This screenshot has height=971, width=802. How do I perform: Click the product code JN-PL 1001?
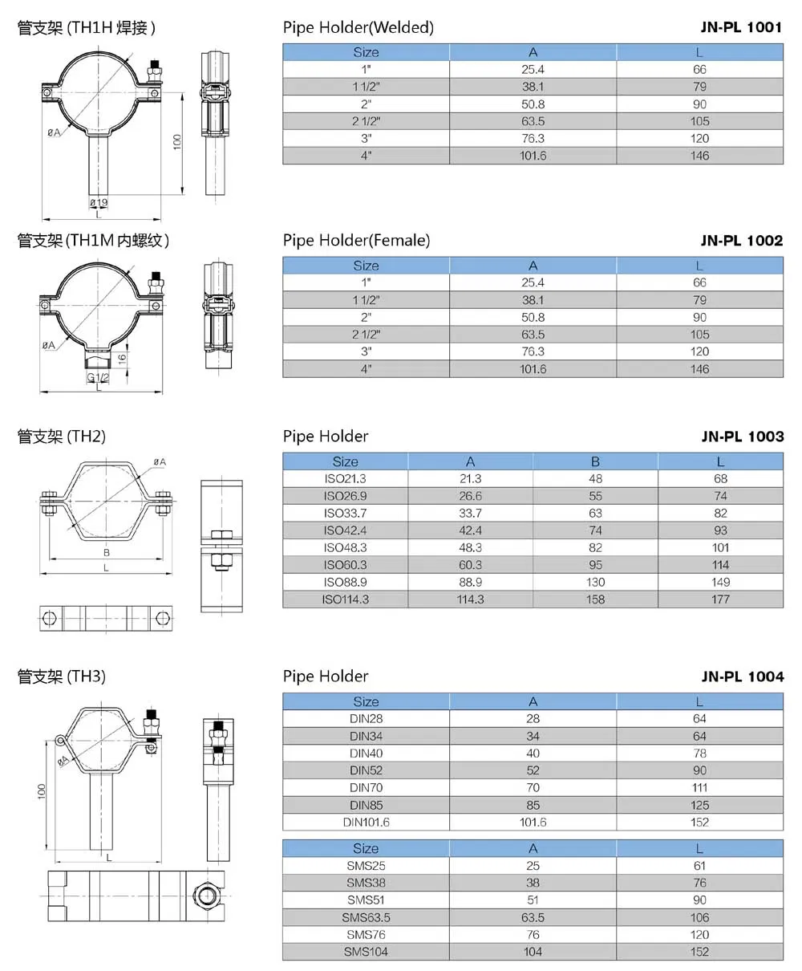741,27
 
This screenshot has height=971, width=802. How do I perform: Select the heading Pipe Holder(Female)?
356,240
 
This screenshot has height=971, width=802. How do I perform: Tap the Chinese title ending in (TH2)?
62,437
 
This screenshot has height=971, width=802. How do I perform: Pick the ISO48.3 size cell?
345,547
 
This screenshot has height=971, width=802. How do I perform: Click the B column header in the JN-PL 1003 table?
595,461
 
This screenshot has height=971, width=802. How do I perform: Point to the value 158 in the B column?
595,599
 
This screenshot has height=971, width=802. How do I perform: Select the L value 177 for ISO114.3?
720,599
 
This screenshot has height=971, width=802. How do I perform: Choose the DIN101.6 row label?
366,823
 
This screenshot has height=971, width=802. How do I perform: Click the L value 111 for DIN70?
699,788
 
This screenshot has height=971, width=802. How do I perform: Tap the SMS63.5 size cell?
366,917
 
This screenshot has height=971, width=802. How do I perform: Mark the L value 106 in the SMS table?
699,917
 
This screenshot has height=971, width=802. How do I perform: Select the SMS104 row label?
366,952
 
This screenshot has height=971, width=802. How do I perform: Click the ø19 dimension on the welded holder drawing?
98,202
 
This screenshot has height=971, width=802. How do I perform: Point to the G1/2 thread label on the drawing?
98,378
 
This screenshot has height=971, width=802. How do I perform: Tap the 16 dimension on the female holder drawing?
122,360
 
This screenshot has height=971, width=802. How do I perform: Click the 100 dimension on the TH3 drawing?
42,791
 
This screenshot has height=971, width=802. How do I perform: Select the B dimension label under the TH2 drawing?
106,552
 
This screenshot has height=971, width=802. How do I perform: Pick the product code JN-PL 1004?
741,676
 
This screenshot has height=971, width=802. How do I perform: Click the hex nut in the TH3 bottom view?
204,894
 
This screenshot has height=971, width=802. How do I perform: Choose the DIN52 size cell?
366,770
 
